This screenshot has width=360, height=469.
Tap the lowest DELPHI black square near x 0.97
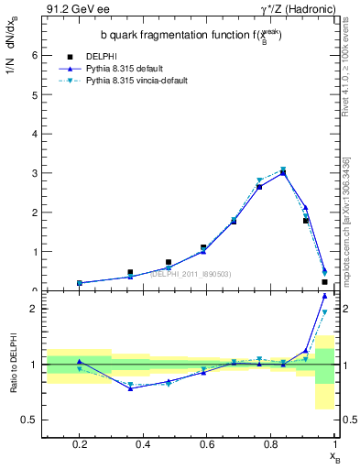tap(325, 282)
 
